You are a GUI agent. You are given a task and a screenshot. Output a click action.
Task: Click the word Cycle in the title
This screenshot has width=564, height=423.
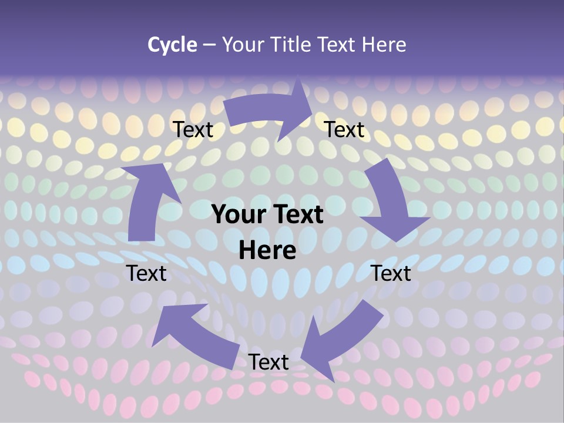point(172,45)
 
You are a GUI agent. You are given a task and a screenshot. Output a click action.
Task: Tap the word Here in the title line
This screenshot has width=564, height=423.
point(384,45)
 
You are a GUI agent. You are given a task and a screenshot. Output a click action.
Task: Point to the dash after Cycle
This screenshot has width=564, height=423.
point(209,45)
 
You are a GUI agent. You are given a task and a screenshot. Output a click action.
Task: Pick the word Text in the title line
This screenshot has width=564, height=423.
point(337,45)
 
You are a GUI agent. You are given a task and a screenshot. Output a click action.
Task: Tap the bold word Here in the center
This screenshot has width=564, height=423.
point(267,250)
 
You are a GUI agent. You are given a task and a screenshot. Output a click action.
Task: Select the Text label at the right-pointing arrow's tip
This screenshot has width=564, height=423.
point(345,130)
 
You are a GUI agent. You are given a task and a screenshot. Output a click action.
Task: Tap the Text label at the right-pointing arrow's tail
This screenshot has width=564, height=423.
point(193,130)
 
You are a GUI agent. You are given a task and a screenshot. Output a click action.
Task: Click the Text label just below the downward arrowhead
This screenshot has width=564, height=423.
point(391,273)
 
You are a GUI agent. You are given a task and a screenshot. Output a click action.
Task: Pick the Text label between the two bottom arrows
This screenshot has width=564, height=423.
point(268,362)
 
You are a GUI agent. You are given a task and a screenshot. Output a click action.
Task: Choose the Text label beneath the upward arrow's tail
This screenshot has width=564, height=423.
point(146,273)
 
